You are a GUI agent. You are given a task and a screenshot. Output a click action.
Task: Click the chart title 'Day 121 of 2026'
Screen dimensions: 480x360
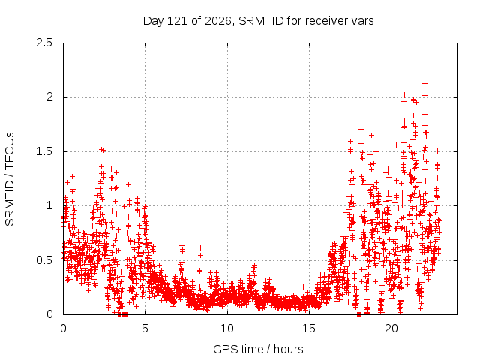click(187, 21)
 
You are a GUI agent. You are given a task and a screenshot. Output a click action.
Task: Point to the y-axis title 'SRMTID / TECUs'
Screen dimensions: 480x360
click(10, 179)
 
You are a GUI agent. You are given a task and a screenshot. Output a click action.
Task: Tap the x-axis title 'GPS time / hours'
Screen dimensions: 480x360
click(258, 349)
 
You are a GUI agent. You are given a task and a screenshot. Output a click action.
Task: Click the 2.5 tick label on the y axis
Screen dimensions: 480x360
click(44, 43)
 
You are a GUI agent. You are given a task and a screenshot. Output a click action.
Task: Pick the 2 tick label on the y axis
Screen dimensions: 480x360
click(49, 97)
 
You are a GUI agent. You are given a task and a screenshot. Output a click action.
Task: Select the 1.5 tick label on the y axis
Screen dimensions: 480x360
click(44, 151)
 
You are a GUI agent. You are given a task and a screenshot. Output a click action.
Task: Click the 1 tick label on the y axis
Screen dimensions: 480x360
click(50, 205)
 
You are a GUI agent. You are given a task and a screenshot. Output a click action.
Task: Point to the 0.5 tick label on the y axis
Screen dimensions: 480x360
click(44, 260)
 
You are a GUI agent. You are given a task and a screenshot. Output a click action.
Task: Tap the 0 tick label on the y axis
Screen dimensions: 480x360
click(49, 314)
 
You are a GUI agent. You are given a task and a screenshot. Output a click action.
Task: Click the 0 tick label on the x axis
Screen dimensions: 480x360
click(63, 328)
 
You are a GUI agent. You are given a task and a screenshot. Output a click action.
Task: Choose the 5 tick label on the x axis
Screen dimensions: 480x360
click(145, 328)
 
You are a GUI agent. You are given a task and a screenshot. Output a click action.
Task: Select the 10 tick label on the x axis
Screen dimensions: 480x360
click(227, 328)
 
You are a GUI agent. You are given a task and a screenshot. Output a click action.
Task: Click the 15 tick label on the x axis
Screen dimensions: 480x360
click(309, 328)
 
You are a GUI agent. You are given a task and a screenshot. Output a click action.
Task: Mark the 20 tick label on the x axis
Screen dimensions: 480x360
click(391, 328)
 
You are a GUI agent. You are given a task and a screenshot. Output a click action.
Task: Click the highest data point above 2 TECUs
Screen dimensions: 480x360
click(425, 83)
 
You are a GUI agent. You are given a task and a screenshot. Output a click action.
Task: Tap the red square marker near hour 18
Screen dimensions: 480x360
click(359, 314)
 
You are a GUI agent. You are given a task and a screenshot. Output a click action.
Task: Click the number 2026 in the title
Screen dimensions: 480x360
click(217, 21)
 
